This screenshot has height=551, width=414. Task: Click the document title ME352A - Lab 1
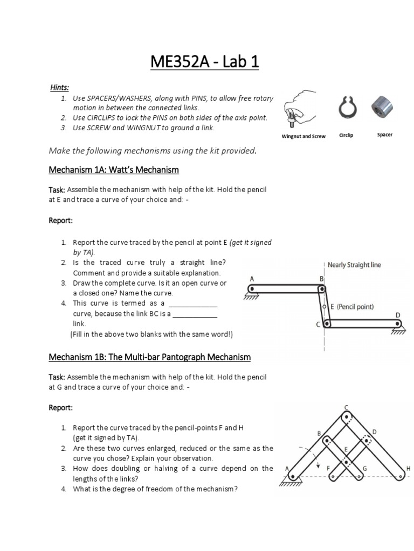tap(205, 62)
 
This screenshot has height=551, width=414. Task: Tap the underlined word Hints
tap(60, 87)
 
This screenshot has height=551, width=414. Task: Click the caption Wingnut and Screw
tap(303, 136)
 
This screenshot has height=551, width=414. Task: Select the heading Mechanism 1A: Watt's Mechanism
tap(114, 170)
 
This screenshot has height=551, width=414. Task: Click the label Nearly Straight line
tap(354, 265)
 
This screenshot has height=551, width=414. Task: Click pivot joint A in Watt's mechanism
tap(251, 289)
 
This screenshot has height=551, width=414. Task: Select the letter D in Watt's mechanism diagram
tap(398, 315)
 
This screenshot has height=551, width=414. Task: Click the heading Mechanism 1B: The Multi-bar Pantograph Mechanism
tap(150, 357)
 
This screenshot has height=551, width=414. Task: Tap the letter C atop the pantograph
tap(346, 407)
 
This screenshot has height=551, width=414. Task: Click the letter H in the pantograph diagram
tap(408, 469)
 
